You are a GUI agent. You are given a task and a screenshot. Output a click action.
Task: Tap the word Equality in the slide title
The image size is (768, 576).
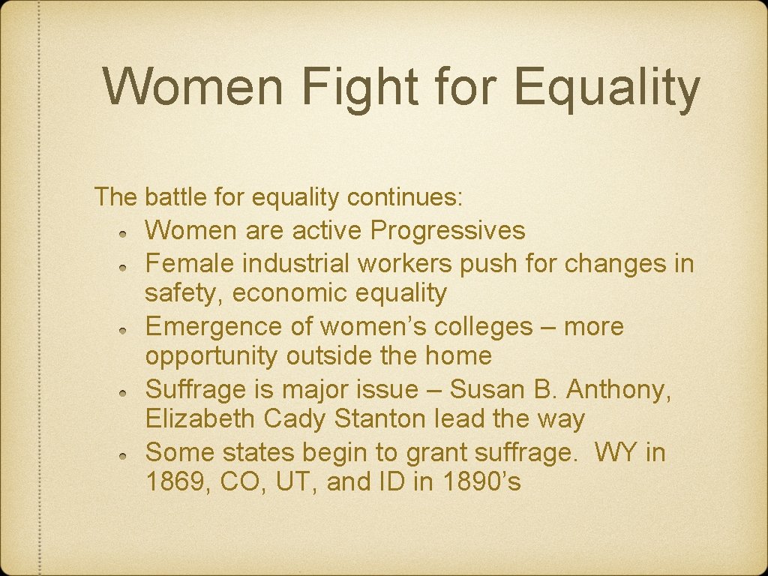tap(607, 88)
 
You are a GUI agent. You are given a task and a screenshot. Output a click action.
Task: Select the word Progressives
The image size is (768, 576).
tap(448, 230)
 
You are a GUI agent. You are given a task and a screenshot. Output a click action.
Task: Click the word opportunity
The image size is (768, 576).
tap(212, 356)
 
